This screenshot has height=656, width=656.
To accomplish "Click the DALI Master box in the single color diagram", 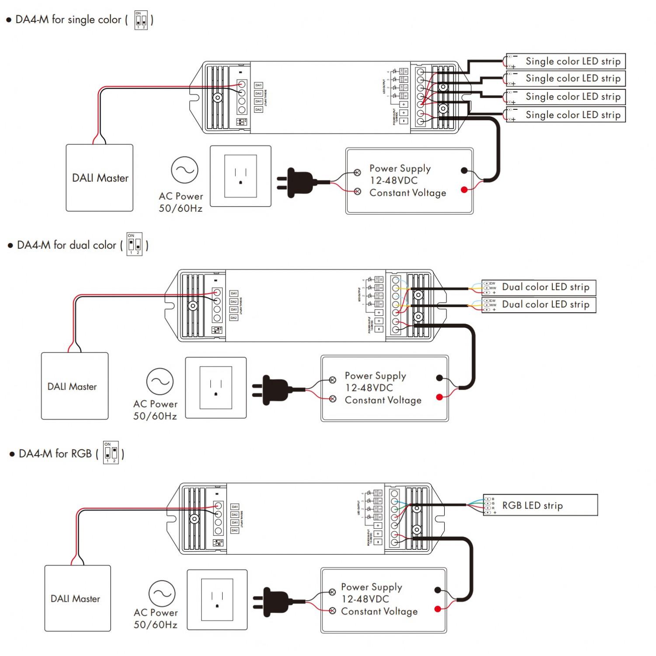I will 100,178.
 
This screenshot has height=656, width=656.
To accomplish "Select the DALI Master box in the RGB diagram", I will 77,598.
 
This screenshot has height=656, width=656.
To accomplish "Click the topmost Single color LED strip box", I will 566,61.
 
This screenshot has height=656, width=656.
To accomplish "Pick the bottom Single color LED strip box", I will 566,115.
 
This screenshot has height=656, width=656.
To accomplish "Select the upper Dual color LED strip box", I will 539,287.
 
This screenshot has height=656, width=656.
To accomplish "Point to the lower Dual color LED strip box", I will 539,304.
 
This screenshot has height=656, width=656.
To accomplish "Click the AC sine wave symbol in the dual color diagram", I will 160,381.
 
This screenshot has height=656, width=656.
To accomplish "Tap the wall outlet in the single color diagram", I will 241,176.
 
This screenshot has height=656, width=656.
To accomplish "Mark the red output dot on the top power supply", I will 464,189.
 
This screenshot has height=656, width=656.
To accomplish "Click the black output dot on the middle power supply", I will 440,378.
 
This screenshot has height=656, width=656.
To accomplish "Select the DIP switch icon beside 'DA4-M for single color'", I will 141,20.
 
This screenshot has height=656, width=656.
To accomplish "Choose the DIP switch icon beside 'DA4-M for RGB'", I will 111,453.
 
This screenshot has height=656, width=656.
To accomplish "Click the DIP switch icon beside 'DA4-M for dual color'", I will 134,244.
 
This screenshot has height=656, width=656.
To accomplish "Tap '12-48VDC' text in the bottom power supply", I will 365,599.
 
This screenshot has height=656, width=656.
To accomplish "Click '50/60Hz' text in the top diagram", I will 181,209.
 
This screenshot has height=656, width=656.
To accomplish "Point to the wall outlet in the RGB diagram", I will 217,600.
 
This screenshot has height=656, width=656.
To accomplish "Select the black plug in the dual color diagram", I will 276,389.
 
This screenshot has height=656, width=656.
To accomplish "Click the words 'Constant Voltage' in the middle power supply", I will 383,400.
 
